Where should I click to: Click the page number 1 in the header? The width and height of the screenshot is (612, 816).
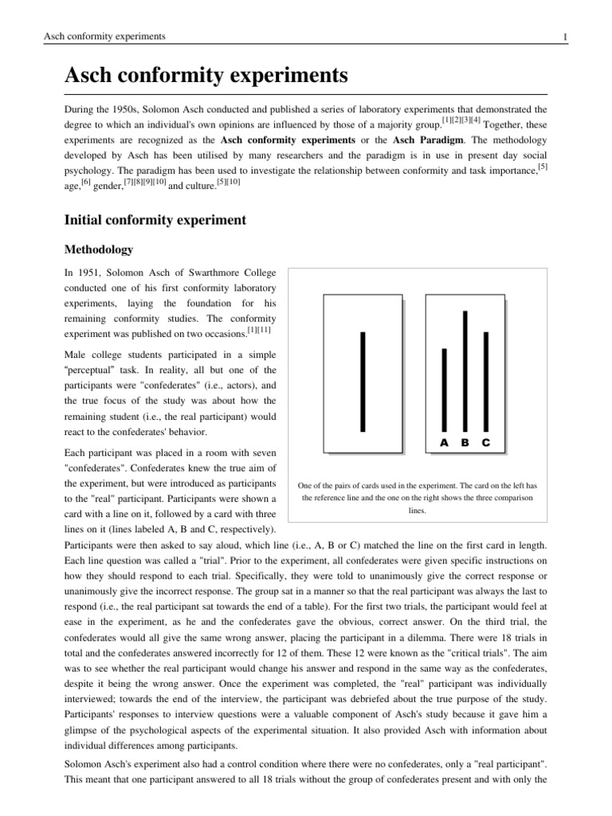(x=564, y=37)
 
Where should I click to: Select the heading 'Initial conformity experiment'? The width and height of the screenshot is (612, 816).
(x=155, y=218)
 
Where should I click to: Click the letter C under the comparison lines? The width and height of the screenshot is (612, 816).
(x=486, y=442)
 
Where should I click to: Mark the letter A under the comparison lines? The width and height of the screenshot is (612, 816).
(x=445, y=442)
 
